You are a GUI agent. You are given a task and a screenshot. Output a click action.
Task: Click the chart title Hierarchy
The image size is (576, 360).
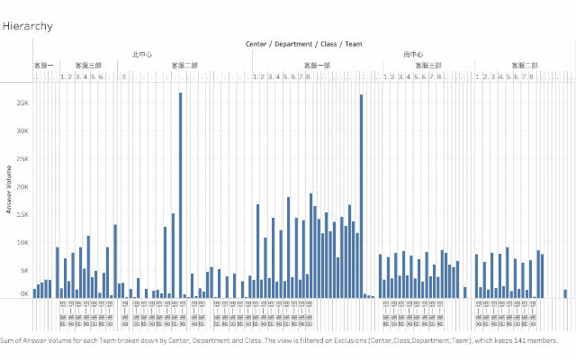[x=27, y=26]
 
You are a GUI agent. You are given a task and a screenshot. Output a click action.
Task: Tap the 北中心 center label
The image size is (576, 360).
[x=142, y=55]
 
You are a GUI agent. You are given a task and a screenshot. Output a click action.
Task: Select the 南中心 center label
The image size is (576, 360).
[x=414, y=55]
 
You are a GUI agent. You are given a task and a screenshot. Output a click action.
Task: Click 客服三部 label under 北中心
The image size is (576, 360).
[x=88, y=66]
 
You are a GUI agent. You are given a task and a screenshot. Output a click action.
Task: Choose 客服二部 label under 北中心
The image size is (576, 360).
[x=184, y=66]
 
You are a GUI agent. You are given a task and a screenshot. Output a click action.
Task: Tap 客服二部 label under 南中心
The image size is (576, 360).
[x=525, y=66]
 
